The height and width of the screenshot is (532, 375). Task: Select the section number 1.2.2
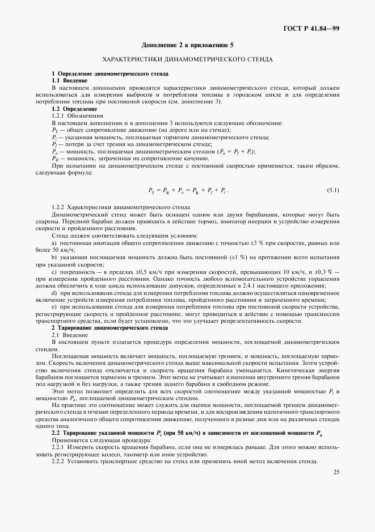click(60, 207)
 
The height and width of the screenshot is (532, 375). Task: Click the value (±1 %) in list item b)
click(234, 256)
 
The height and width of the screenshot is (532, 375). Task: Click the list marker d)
click(54, 292)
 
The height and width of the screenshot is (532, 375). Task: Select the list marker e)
click(54, 306)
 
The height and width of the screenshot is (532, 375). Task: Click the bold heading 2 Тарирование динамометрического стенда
click(109, 328)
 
